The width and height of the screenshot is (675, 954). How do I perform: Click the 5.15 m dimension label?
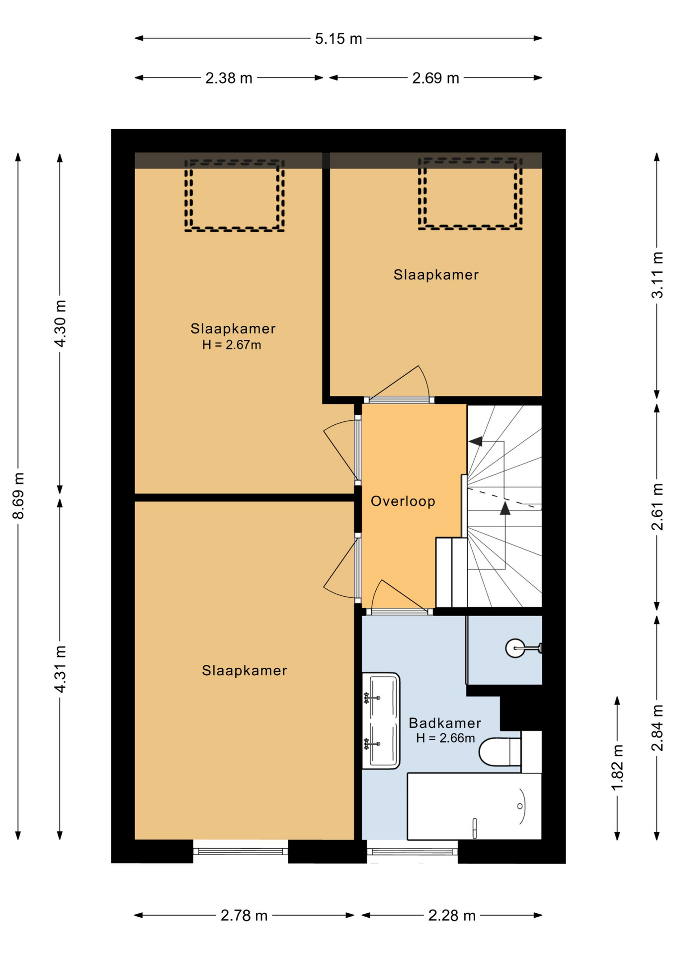(338, 39)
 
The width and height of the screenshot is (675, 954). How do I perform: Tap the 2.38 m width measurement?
(229, 78)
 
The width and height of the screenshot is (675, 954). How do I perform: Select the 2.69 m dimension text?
(435, 78)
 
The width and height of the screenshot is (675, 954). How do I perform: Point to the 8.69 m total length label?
(18, 496)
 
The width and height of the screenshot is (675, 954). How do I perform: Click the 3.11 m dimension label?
(657, 275)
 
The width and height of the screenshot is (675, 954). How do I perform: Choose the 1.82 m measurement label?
(617, 767)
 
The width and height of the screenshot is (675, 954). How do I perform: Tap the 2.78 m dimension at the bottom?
(244, 915)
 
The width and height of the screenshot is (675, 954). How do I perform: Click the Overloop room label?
(403, 501)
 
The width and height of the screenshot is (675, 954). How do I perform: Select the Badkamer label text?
(445, 722)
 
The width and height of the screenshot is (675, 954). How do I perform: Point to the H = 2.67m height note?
(232, 345)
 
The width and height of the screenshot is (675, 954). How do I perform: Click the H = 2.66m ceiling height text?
(445, 738)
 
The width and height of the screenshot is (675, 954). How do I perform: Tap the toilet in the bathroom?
(500, 752)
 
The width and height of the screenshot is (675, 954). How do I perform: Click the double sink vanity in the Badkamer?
(381, 720)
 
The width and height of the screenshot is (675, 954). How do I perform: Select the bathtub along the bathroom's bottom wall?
(474, 806)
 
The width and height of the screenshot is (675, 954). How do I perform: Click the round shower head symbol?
(515, 648)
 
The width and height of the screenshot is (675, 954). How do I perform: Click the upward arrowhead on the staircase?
(505, 508)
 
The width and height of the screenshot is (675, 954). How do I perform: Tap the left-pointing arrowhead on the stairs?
(476, 441)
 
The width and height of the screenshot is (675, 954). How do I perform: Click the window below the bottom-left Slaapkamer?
(241, 851)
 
